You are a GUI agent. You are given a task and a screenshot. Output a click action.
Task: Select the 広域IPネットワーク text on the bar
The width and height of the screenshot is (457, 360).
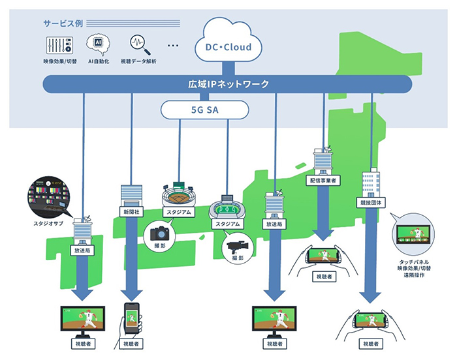228,84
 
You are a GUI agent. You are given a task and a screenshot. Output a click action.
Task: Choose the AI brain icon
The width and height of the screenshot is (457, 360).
98,43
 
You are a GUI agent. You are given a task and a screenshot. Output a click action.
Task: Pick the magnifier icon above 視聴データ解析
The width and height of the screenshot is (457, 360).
138,44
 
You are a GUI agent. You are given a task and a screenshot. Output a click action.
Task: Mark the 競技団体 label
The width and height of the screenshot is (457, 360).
370,203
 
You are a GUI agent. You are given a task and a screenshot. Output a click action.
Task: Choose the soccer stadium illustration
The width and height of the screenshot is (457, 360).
227,209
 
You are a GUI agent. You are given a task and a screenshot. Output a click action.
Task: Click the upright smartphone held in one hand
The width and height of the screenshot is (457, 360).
131,320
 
